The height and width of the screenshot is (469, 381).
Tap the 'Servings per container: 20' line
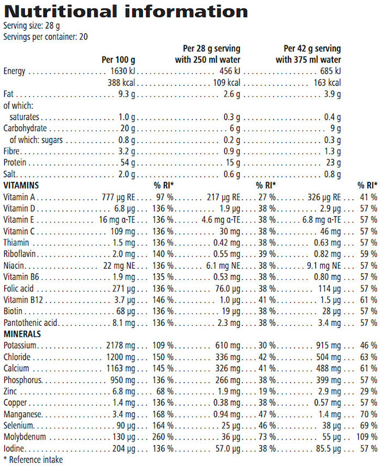pos(46,37)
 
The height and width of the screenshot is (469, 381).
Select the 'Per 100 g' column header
pos(119,59)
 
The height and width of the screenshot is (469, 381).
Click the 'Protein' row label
pos(15,163)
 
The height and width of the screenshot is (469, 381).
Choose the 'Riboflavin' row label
pos(20,254)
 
